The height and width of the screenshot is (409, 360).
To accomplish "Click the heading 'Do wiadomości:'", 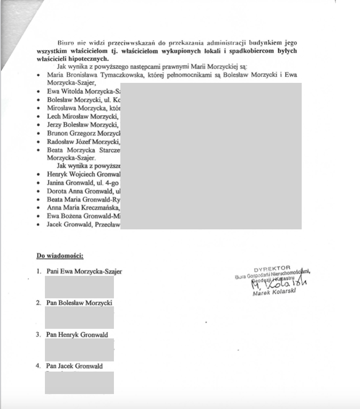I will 60,256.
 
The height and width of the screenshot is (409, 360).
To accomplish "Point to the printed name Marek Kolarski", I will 273,294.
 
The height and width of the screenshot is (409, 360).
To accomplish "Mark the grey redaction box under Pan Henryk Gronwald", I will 79,350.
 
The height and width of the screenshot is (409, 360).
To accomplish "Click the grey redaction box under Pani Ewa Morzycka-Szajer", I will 79,287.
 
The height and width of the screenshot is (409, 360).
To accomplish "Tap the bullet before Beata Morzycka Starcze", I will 39,151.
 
